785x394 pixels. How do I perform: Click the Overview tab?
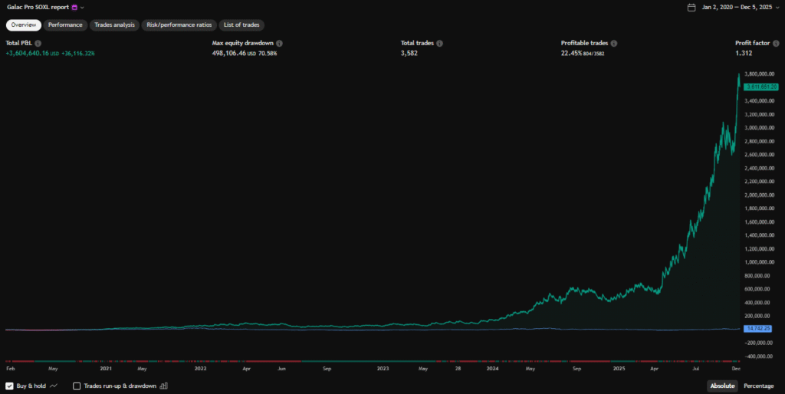click(23, 25)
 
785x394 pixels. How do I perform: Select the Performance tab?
click(65, 25)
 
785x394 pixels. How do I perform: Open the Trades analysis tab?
click(114, 25)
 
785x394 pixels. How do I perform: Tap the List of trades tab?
click(241, 25)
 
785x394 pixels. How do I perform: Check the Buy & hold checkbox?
click(10, 386)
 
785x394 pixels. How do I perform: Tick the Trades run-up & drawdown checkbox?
click(77, 386)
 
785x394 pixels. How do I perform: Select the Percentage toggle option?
click(758, 386)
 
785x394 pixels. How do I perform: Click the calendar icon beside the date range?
click(691, 8)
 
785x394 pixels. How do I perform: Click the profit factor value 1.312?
click(744, 54)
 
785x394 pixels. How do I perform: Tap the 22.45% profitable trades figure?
click(574, 54)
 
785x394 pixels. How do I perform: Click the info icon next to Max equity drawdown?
click(279, 44)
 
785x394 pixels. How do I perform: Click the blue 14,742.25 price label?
click(757, 328)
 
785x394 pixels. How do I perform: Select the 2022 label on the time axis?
click(201, 368)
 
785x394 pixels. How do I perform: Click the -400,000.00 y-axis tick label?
click(758, 356)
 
